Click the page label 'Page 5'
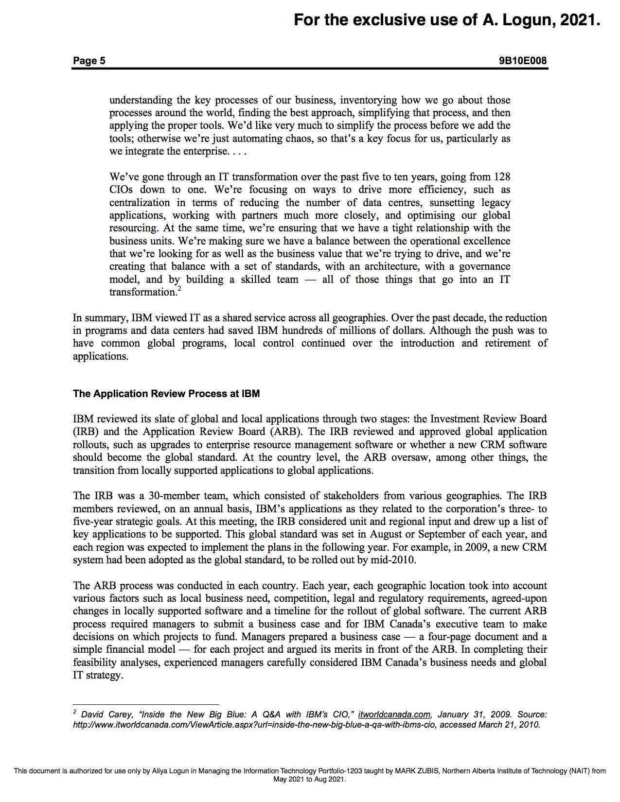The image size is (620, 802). pyautogui.click(x=89, y=61)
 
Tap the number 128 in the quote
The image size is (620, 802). pyautogui.click(x=502, y=177)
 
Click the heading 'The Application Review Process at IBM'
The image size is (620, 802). pyautogui.click(x=166, y=394)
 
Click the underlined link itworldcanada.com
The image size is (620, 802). pyautogui.click(x=394, y=715)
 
